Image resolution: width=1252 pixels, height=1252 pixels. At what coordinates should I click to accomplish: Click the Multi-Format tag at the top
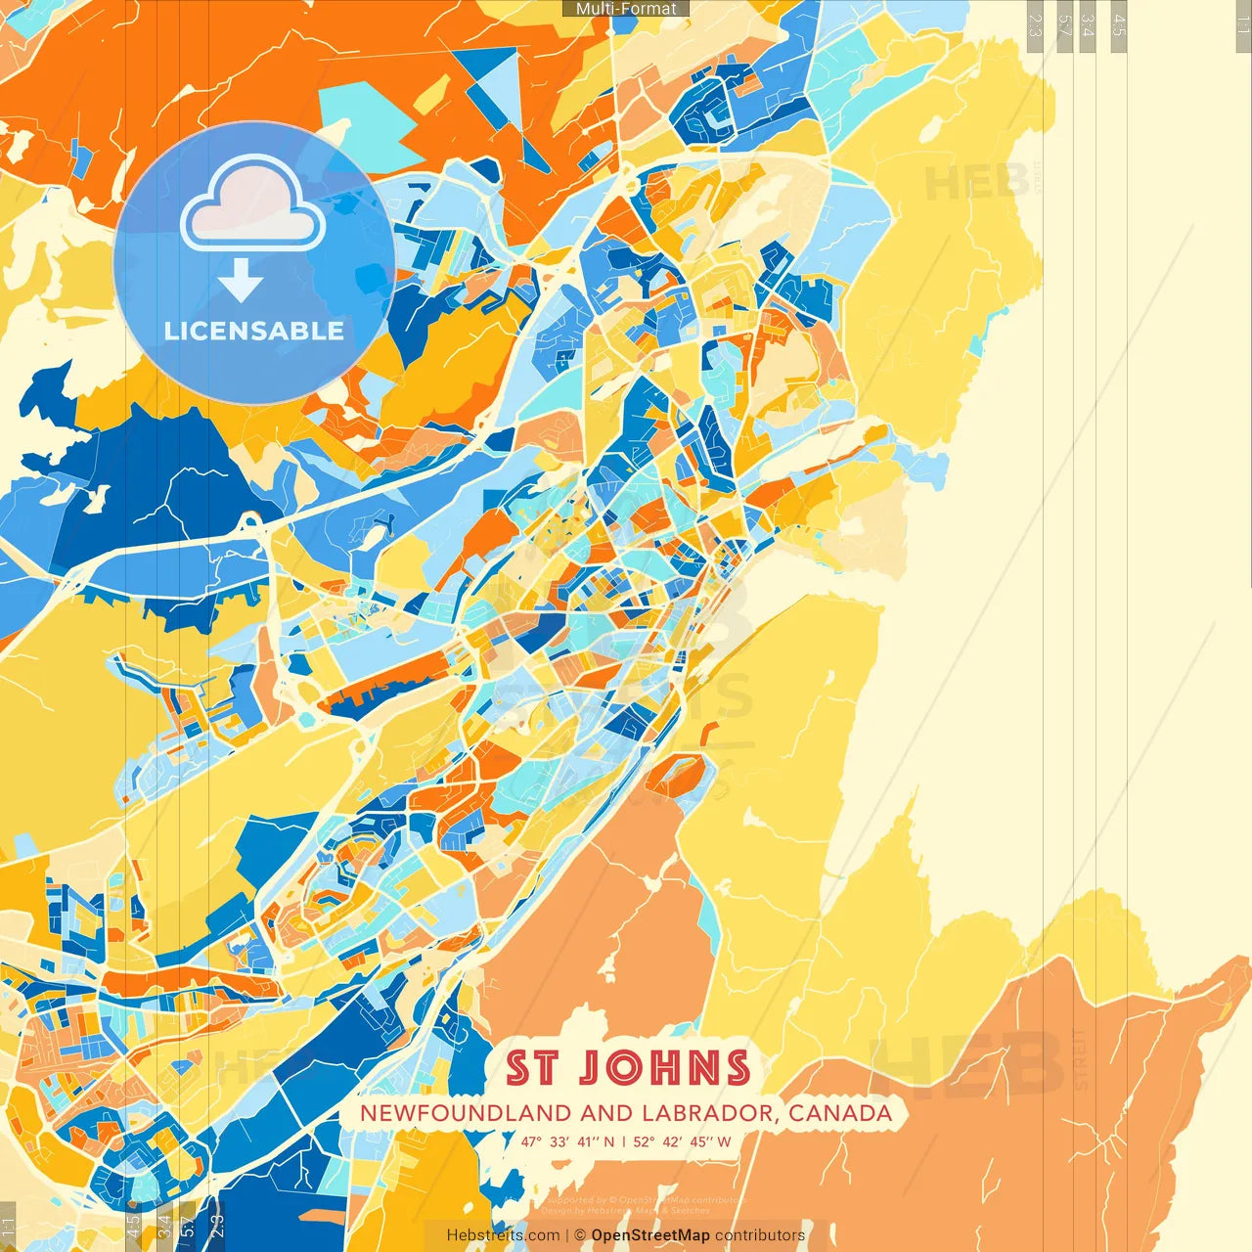coord(626,9)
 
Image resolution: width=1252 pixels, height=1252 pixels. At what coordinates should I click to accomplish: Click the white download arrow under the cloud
coord(240,280)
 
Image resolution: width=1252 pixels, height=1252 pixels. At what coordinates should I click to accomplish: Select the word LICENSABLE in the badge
coord(254,331)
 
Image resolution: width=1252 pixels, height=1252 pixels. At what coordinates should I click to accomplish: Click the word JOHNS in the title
coord(664,1068)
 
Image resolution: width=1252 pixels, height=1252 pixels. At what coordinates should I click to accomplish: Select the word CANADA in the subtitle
coord(840,1113)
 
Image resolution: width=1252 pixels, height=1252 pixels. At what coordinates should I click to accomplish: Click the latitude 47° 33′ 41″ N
coord(567,1141)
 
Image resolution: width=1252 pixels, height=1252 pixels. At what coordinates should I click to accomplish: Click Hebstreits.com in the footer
coord(503,1235)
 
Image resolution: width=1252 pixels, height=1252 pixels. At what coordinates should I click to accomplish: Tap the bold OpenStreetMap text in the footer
coord(649,1235)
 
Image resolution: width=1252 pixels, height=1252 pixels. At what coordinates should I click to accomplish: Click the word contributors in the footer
coord(760,1235)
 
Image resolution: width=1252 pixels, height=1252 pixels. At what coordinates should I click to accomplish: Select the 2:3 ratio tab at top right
coord(1034,25)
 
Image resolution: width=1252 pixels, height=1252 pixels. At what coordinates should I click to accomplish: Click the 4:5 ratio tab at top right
coord(1119,25)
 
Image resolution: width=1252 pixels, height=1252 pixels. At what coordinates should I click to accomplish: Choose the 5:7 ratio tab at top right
coord(1064,25)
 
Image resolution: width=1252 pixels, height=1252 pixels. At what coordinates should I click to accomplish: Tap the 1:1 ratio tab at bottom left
coord(9,1226)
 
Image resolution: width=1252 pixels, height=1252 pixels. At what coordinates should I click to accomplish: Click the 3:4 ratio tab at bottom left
coord(164,1226)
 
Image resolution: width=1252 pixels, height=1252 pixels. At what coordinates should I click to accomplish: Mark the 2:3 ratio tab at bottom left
coord(217,1226)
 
